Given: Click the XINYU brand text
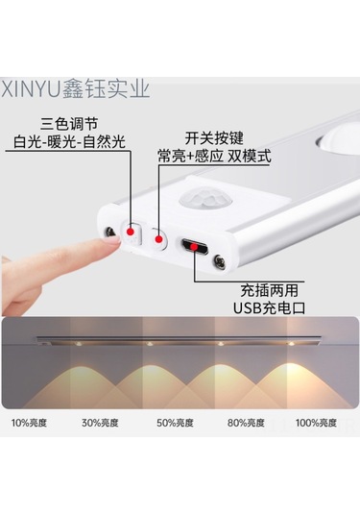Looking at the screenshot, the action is tap(31, 88).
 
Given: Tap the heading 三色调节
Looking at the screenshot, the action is tap(69, 125).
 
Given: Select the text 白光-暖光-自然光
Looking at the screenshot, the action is tap(69, 142).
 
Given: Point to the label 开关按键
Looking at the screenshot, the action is tap(214, 137).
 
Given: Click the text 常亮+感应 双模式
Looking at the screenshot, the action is tap(214, 156).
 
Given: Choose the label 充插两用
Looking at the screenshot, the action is tap(269, 290).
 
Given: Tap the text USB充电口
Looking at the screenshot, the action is tap(269, 307).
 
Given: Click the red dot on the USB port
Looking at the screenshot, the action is tap(194, 247).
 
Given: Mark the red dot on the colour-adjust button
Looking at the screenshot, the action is tap(131, 233).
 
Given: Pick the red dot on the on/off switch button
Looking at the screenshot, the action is tap(158, 239).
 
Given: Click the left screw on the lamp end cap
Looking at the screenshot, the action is tap(109, 233).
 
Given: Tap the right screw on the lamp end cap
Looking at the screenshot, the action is tap(219, 261).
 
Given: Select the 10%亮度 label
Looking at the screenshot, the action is tap(29, 423).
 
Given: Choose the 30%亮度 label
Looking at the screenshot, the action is tap(100, 423).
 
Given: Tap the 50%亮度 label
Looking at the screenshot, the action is tap(175, 423).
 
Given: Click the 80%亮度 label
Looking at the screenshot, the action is tap(246, 423).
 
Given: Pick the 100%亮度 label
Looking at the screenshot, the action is tap(316, 423).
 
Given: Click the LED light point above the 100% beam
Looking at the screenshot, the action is tap(291, 344).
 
